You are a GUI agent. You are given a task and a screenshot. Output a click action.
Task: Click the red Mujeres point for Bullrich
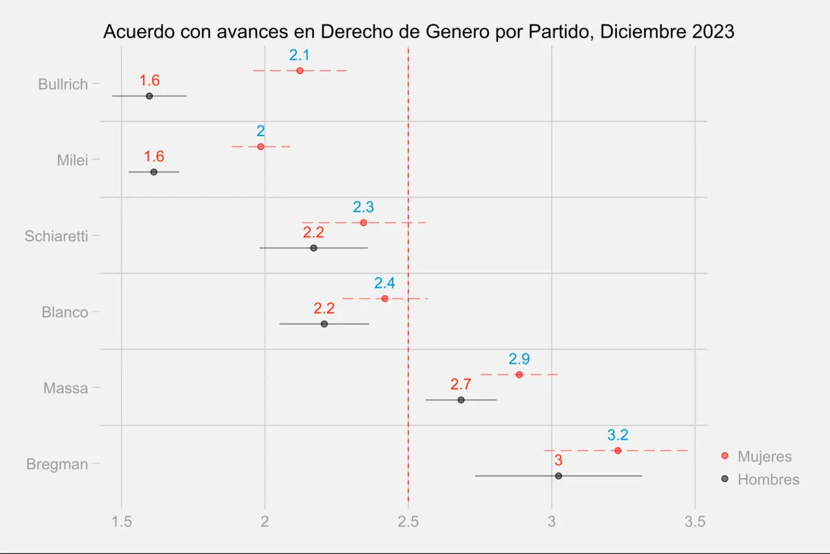tap(299, 71)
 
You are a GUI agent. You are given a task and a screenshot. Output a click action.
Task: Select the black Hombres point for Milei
tap(154, 172)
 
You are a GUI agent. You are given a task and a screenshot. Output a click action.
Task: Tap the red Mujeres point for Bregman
tap(618, 450)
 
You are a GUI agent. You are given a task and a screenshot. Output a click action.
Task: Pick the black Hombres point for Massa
tap(461, 400)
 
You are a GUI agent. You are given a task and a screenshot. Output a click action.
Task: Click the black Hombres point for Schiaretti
tap(313, 248)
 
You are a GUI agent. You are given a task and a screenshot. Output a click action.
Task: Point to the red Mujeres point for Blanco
tap(385, 298)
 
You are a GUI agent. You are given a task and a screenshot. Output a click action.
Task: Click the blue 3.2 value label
tap(618, 435)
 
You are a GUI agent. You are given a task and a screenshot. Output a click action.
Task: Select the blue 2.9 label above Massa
tap(519, 359)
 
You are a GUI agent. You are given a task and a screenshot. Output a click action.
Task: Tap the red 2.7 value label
tap(461, 385)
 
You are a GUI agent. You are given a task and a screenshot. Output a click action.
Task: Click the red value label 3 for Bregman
tap(558, 461)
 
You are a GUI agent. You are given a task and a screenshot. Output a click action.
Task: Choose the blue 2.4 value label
tap(385, 283)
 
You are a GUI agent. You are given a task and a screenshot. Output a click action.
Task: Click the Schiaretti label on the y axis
tap(56, 236)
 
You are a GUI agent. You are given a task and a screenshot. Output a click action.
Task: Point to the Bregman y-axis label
tap(57, 464)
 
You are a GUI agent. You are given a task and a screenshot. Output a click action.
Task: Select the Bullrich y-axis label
tap(63, 84)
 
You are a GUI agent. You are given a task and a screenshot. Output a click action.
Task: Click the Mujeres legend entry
tap(764, 456)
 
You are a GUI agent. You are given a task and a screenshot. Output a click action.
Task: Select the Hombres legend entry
tap(768, 479)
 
